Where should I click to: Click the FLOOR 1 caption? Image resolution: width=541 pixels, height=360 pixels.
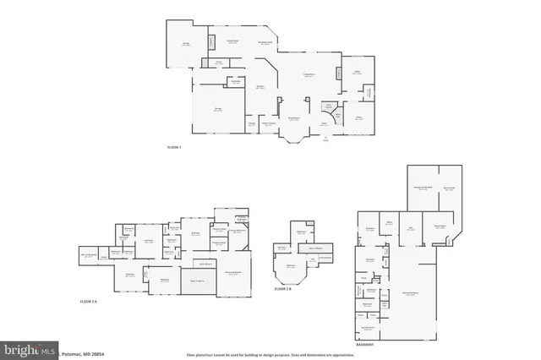click(x=175, y=148)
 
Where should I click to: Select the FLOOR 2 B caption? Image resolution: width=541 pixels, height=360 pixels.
click(x=283, y=289)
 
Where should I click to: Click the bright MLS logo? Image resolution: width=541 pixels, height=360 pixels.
click(x=29, y=348)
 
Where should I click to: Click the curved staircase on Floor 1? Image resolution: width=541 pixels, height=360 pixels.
click(x=336, y=117)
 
